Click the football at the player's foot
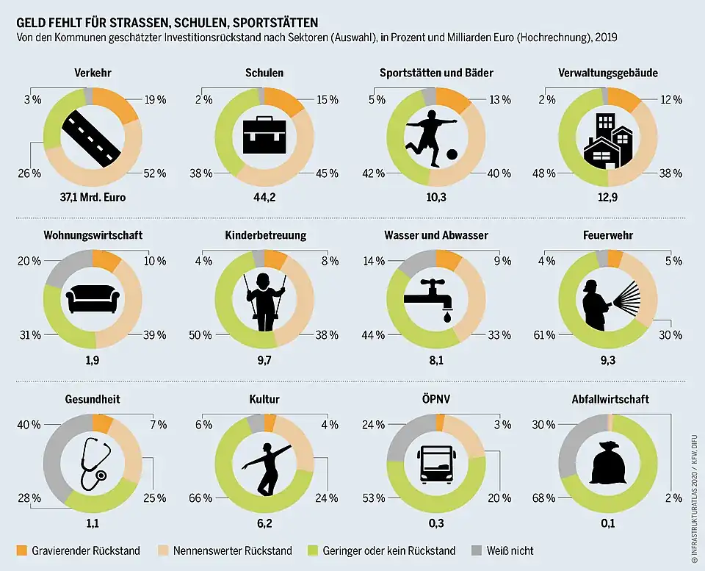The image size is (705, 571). [x=452, y=154]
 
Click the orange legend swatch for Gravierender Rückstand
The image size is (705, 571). [x=21, y=550]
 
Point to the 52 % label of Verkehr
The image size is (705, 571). [x=156, y=173]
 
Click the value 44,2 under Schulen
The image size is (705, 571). [x=264, y=196]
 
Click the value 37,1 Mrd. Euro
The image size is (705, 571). [x=93, y=196]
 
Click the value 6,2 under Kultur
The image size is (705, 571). [x=264, y=522]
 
